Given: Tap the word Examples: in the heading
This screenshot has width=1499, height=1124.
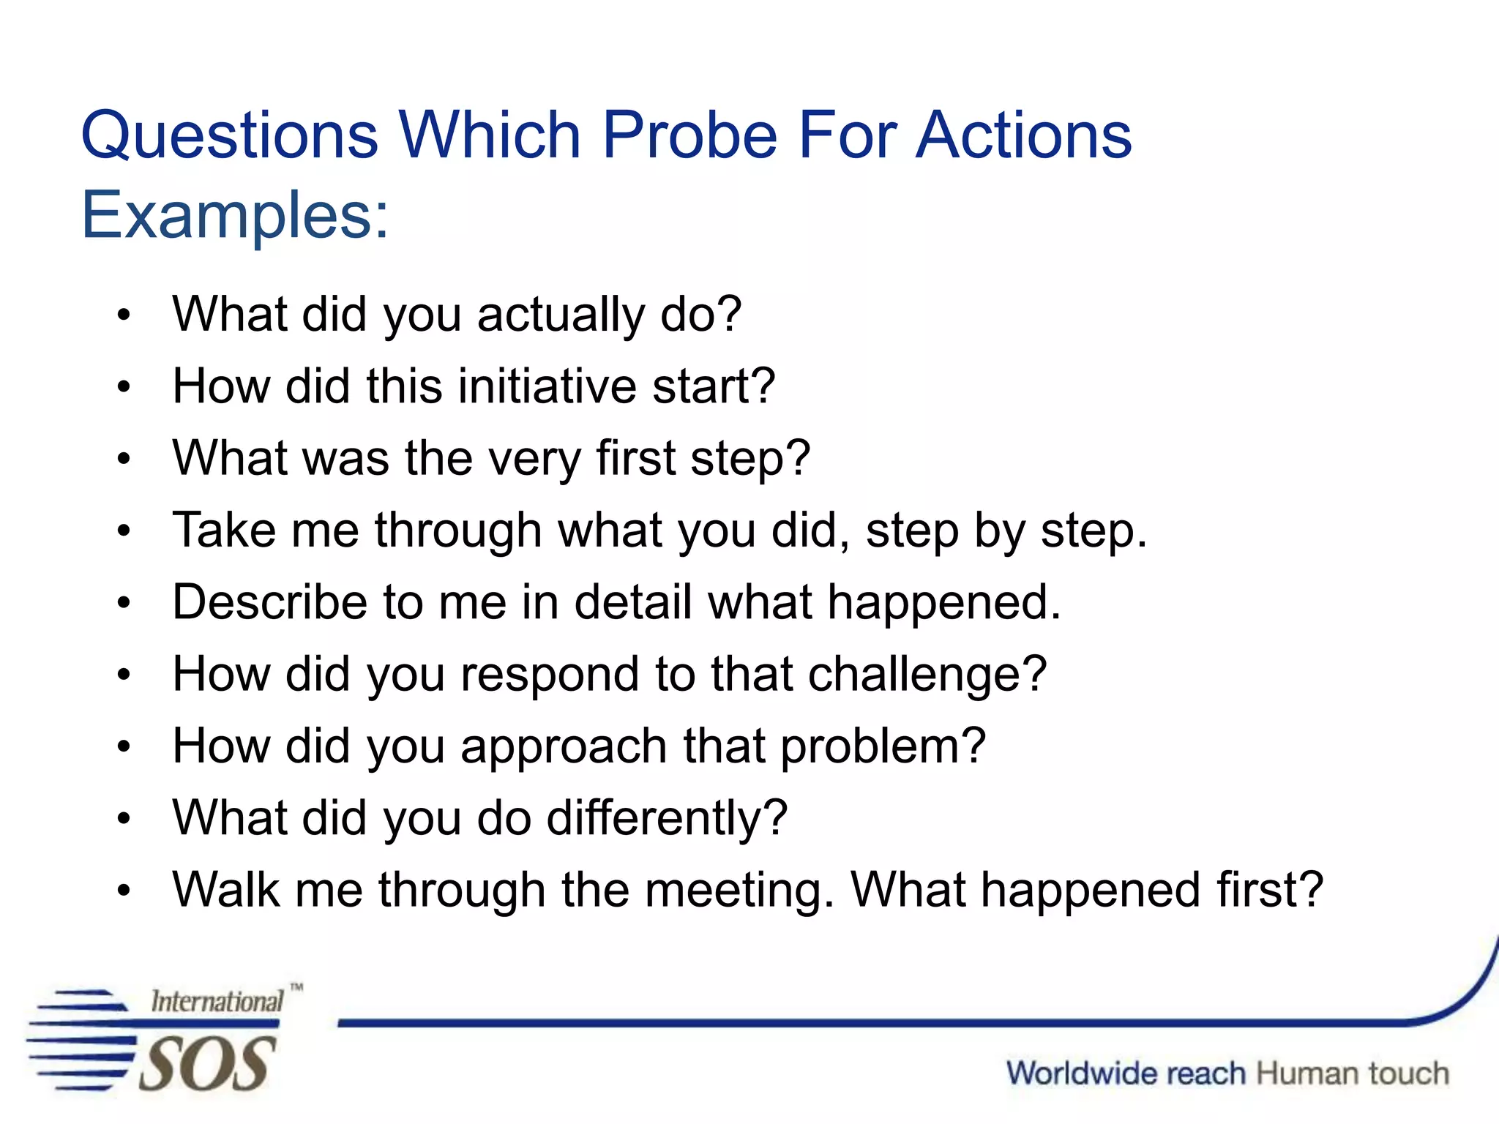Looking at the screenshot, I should tap(235, 216).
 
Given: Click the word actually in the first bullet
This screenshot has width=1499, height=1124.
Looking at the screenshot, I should tap(561, 315).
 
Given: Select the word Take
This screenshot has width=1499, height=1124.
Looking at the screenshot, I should tap(224, 530).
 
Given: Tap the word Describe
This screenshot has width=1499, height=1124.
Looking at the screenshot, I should tap(269, 602).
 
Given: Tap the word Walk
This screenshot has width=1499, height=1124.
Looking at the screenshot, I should tap(226, 890).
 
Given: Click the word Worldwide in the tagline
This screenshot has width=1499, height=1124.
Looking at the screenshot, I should tap(1126, 1074).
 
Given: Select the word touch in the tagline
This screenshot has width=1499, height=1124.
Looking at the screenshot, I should tap(1408, 1074).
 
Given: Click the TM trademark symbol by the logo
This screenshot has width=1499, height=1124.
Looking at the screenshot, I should tap(296, 987).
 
